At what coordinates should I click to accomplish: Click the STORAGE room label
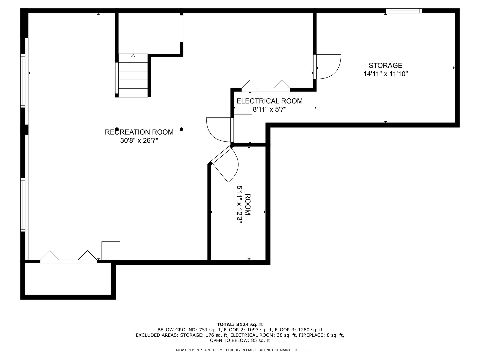[385, 66]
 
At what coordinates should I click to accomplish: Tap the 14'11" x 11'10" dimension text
[386, 74]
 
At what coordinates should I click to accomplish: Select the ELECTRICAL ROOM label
[269, 101]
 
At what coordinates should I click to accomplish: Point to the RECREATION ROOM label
[139, 132]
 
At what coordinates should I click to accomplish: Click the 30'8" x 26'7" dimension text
[139, 140]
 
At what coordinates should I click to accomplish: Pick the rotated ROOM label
[248, 204]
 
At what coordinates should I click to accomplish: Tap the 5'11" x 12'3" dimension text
[240, 204]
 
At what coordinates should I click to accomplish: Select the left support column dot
[117, 129]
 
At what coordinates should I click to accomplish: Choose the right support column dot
[181, 129]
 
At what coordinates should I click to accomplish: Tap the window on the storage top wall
[404, 11]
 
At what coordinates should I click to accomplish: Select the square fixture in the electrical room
[243, 105]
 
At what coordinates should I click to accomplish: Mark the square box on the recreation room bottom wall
[111, 250]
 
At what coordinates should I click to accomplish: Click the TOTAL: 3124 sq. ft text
[240, 324]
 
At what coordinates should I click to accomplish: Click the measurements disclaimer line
[237, 350]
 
